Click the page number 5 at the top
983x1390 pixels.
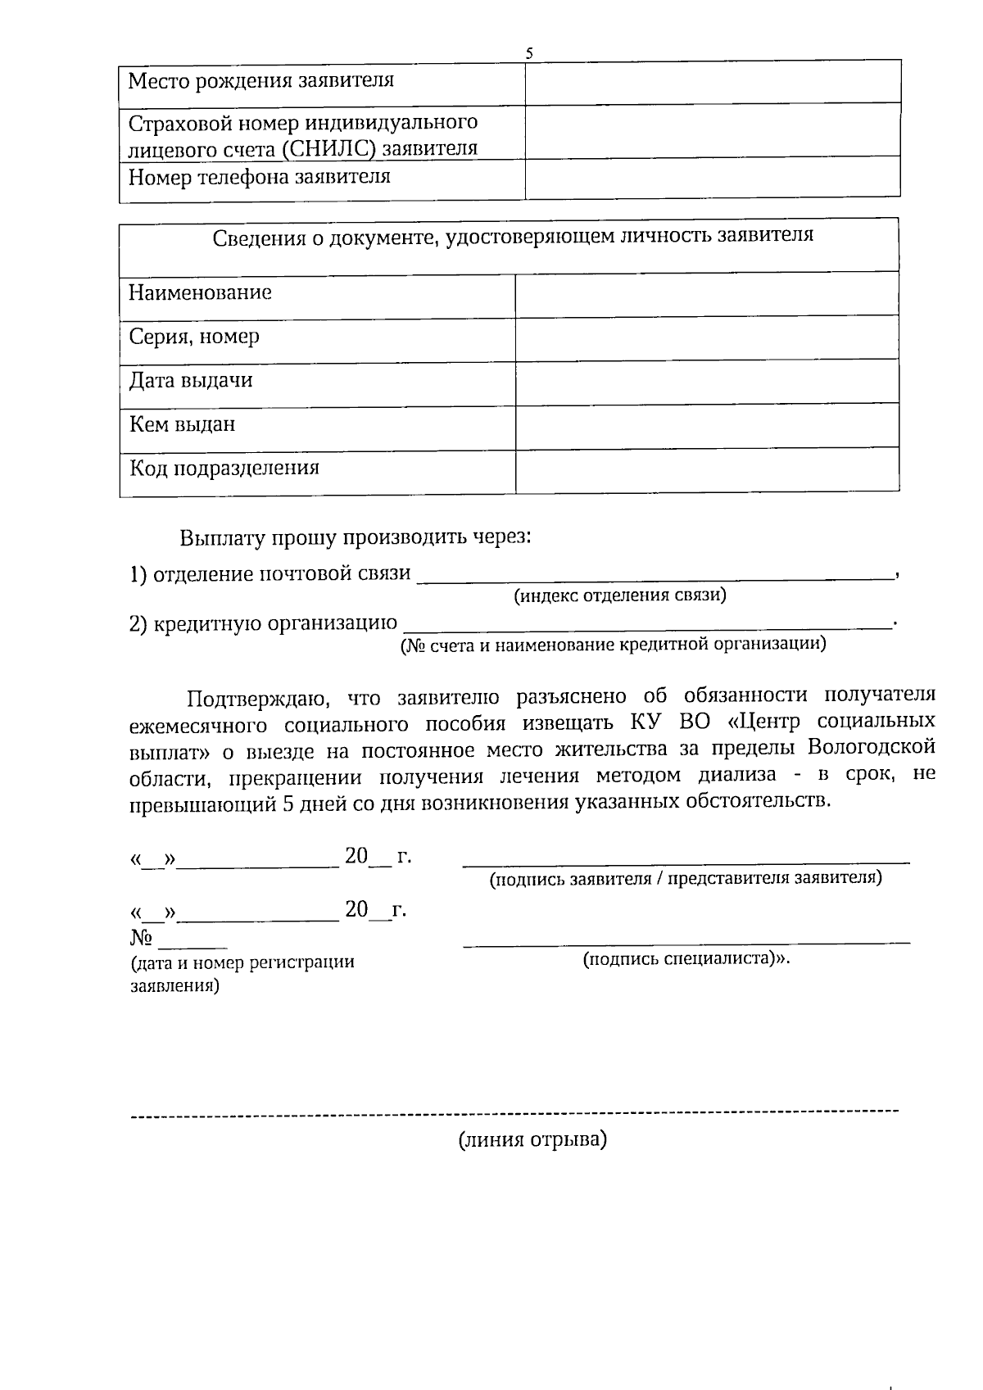[529, 53]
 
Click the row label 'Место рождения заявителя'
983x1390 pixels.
[261, 81]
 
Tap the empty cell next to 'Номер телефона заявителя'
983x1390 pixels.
[712, 178]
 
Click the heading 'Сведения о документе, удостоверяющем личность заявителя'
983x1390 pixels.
[513, 237]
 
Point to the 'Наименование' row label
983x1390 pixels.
[201, 293]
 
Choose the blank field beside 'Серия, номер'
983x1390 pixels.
[706, 338]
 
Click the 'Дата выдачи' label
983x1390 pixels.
[191, 381]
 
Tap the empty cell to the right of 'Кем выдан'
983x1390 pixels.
[706, 426]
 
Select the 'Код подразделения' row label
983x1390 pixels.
[224, 469]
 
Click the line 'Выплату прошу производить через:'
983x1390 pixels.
[356, 538]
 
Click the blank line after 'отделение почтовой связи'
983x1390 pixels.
[655, 575]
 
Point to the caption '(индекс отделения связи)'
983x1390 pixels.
[620, 595]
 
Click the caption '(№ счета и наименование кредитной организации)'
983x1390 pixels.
[613, 645]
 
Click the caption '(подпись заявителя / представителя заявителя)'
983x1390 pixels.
[686, 879]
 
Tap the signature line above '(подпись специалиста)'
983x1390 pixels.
[686, 944]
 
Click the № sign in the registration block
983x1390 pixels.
[142, 938]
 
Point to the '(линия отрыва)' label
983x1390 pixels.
[532, 1140]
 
